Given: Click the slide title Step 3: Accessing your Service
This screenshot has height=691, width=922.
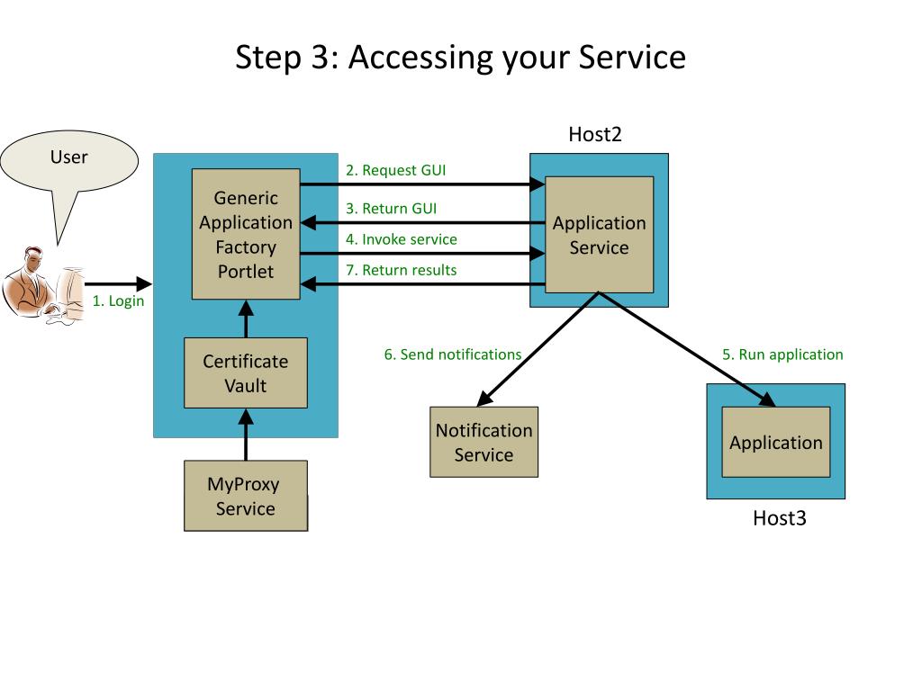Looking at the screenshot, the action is [x=460, y=58].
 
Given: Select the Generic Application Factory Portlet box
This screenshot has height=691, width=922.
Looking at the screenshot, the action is [x=246, y=234].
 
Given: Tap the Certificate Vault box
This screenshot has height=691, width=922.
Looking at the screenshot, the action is [x=246, y=372].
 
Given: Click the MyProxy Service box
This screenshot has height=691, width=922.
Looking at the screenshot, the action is [x=246, y=496].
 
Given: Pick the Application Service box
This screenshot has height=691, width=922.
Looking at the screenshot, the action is [x=599, y=235].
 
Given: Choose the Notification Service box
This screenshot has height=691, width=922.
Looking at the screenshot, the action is [x=484, y=442].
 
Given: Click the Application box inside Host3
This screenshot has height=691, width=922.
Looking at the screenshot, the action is [x=776, y=442].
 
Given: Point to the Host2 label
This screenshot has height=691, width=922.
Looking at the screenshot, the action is [x=595, y=135].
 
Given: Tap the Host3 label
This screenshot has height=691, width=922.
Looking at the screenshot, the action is [x=780, y=518].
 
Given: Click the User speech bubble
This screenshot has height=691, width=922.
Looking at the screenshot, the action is [x=69, y=161].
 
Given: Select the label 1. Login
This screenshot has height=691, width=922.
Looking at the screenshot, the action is [x=118, y=301].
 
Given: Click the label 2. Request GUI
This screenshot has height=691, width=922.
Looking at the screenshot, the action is [x=396, y=170].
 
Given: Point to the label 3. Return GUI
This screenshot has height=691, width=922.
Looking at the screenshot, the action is [x=391, y=209].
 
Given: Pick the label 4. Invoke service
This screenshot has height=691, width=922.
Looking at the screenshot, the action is [x=402, y=239].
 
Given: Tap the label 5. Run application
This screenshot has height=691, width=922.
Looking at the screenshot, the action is [x=782, y=354].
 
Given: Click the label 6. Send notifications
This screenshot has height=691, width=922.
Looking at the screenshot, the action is [x=453, y=354].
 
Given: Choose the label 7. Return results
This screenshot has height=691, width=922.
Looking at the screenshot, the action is [x=401, y=270].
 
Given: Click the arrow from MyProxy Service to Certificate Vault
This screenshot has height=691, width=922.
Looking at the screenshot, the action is [x=246, y=435].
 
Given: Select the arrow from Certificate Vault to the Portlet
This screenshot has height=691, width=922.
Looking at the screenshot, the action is [x=246, y=319].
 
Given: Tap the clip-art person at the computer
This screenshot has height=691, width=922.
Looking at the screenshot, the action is [x=44, y=285].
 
